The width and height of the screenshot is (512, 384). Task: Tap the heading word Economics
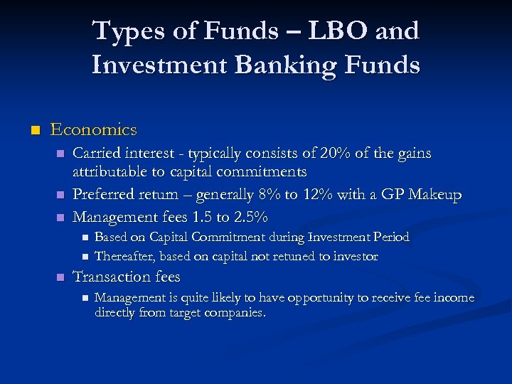(93, 130)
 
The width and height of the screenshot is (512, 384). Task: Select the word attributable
(114, 172)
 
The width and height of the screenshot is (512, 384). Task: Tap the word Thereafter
(125, 256)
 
